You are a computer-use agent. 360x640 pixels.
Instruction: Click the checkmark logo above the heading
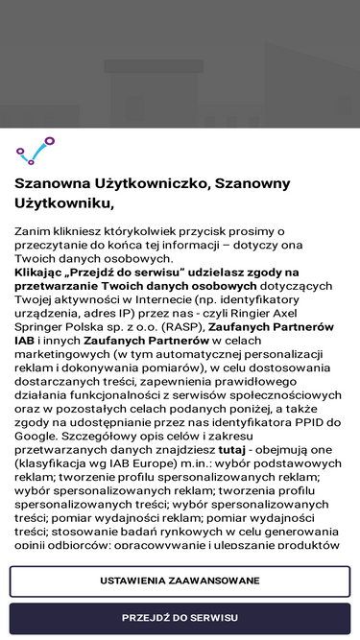pyautogui.click(x=36, y=150)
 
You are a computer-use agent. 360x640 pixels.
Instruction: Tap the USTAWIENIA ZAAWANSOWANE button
pyautogui.click(x=180, y=581)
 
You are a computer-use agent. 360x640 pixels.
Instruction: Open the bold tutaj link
pyautogui.click(x=231, y=449)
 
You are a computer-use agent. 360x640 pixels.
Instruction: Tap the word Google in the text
pyautogui.click(x=36, y=436)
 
